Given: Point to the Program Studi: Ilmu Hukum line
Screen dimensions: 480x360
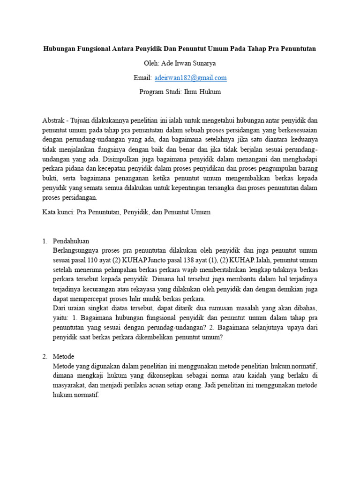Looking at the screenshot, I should pyautogui.click(x=180, y=92).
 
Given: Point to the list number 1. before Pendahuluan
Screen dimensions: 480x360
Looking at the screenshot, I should pyautogui.click(x=45, y=241).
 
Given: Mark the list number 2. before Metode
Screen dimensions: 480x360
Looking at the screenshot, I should pyautogui.click(x=45, y=356).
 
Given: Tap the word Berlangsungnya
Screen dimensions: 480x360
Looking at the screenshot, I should pyautogui.click(x=77, y=250).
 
